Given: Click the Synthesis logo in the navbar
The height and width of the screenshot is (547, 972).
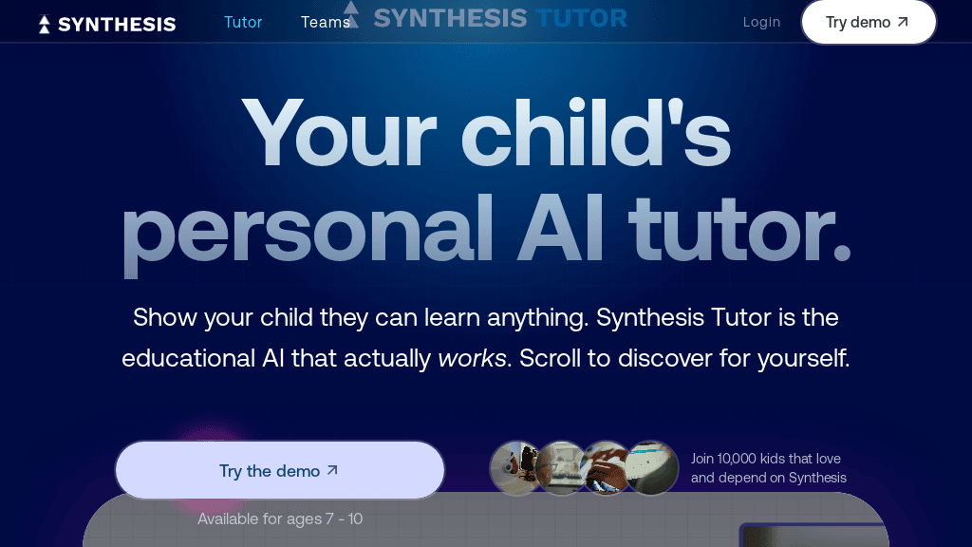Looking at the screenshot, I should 107,24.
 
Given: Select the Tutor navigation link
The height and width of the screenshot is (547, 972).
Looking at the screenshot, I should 243,22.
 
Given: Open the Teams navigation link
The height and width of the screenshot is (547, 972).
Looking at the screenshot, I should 325,22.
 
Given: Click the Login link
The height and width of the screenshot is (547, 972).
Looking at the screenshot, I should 761,22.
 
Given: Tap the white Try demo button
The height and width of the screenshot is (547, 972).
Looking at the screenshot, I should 868,22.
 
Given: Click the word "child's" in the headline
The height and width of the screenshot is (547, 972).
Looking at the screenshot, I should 596,133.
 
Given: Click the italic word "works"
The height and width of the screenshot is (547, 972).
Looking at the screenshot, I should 472,359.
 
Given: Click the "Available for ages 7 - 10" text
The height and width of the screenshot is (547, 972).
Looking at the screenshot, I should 280,519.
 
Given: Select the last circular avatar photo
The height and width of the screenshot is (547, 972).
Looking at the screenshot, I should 651,468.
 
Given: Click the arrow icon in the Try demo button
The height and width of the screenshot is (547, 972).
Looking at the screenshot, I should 903,22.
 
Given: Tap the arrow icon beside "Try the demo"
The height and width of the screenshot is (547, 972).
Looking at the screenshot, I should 332,470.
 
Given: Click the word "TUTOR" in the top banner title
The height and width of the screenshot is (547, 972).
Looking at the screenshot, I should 581,17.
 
